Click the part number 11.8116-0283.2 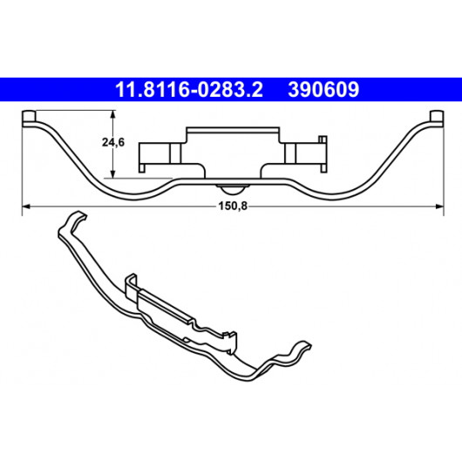[x=189, y=90]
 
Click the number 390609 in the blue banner [x=323, y=90]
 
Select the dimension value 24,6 [x=113, y=142]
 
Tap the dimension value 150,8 [x=233, y=207]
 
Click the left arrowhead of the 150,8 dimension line [x=26, y=207]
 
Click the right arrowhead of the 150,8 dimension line [x=439, y=207]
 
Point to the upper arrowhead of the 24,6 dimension [x=112, y=114]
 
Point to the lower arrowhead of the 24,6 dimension [x=112, y=173]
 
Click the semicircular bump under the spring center [x=233, y=190]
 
